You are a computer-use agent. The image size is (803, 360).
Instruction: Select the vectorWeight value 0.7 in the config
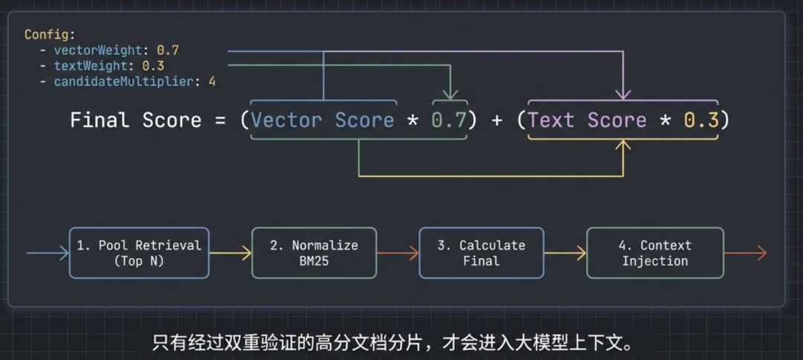pos(168,51)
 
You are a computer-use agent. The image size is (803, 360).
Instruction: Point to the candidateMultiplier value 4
pos(212,82)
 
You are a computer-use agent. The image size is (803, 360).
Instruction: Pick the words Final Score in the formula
pos(135,120)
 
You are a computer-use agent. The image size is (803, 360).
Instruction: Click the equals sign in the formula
pos(221,120)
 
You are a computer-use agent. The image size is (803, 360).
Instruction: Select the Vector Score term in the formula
pos(323,120)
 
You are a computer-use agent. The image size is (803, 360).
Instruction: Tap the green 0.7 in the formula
pos(450,120)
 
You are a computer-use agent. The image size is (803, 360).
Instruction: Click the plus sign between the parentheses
pos(497,120)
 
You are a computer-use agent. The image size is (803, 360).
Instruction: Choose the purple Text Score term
pos(587,120)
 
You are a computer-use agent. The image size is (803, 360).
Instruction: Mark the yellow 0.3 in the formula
pos(701,120)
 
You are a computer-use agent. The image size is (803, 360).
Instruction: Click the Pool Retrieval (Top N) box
pos(139,253)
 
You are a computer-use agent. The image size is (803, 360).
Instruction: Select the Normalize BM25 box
pos(314,253)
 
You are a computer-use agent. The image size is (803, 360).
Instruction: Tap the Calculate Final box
pos(481,253)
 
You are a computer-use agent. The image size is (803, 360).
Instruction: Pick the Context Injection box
pos(655,253)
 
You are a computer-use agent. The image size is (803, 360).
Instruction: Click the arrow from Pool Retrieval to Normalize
pos(230,254)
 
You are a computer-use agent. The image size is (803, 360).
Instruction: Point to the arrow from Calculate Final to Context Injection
pos(565,254)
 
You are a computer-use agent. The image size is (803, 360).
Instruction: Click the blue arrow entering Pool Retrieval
pos(48,254)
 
